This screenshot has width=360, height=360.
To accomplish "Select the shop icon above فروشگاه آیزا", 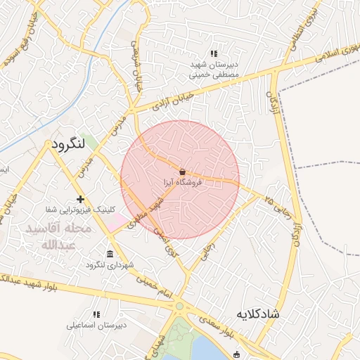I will coord(182,172).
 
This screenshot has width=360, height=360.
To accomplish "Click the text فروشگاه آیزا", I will coord(182,183).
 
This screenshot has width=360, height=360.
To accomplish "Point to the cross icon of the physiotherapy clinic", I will coord(81,199).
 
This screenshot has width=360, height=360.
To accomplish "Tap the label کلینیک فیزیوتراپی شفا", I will coord(69,210).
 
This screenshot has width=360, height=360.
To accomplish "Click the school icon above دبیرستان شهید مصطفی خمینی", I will coord(214,53).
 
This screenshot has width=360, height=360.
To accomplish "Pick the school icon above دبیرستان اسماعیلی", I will coord(96,314).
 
